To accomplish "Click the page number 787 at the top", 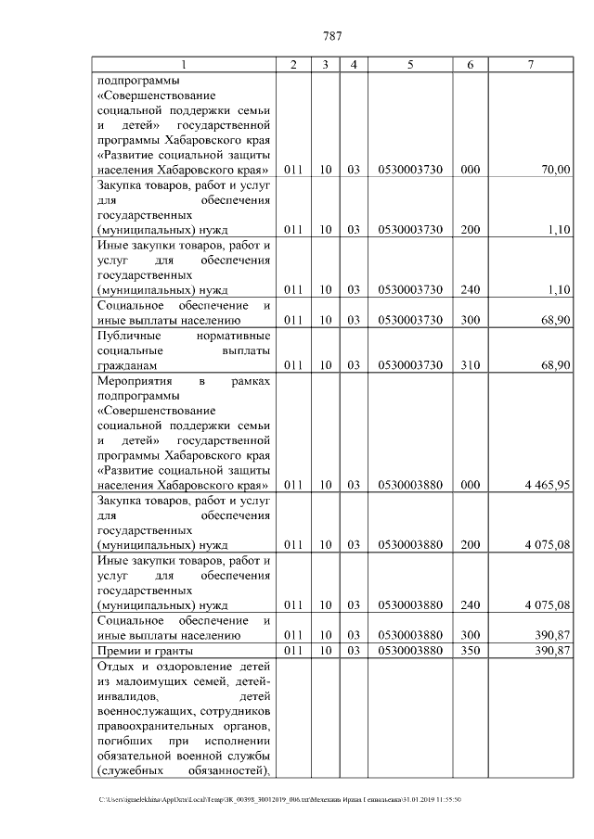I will pos(333,36).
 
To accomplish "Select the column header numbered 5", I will pos(409,65).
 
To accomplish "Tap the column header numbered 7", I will pos(530,65).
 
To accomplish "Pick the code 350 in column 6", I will pos(470,652).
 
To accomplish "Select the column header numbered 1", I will pos(183,65).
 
